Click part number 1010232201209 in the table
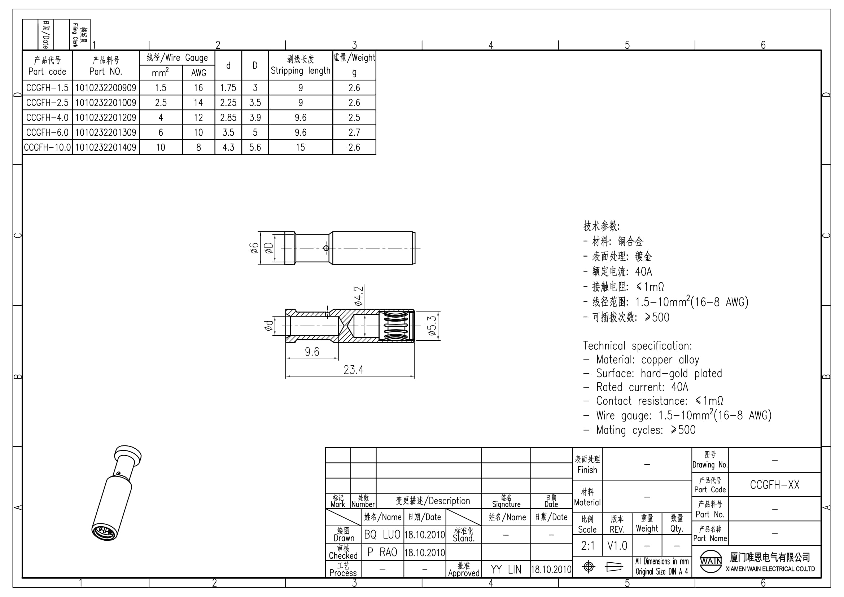click(x=105, y=118)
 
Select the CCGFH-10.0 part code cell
click(x=47, y=147)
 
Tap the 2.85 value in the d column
click(x=228, y=118)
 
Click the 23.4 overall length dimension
click(x=354, y=370)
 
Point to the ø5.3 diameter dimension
click(x=432, y=326)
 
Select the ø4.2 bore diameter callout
click(x=358, y=296)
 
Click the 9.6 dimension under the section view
click(x=312, y=352)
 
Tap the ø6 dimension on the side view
click(x=254, y=248)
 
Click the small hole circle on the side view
click(x=326, y=248)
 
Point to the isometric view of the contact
click(x=117, y=493)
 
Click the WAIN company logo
click(x=710, y=561)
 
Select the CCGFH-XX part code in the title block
click(x=774, y=485)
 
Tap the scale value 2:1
click(x=588, y=546)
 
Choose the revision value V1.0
click(x=617, y=546)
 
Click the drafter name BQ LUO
click(x=382, y=535)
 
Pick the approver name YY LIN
click(x=506, y=570)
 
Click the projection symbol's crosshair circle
click(x=589, y=567)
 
